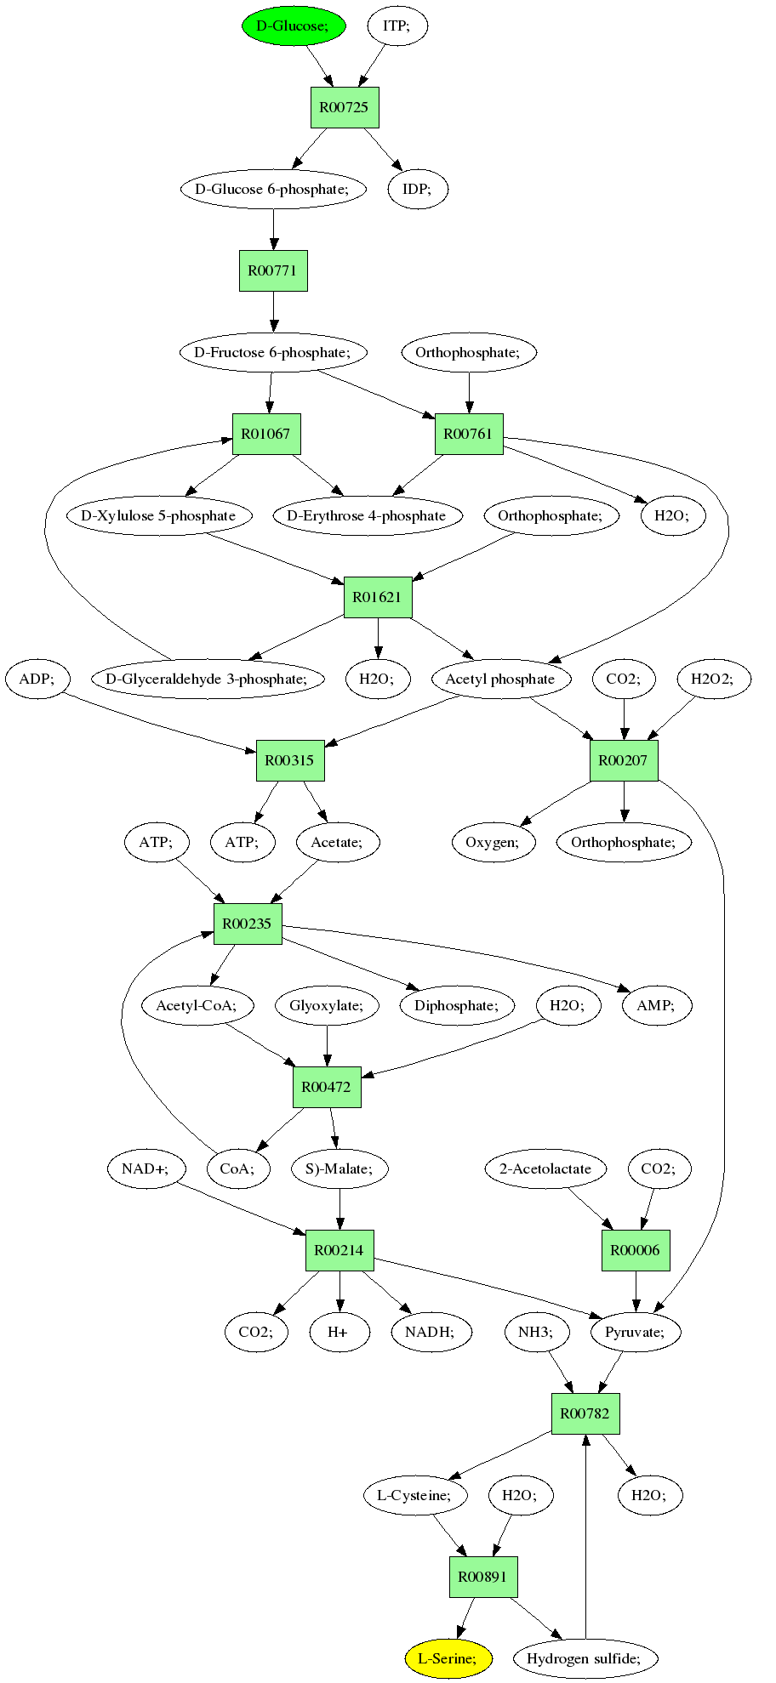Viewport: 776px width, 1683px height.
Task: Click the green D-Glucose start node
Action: [294, 26]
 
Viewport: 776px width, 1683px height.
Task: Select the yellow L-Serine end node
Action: [448, 1657]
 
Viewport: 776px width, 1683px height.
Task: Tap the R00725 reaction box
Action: [344, 107]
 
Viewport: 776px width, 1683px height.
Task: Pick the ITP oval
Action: [397, 26]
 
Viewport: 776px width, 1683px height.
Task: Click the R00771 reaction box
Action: [273, 270]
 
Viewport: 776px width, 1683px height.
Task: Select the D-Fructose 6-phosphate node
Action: [273, 352]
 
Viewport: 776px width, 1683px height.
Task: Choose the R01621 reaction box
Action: [378, 597]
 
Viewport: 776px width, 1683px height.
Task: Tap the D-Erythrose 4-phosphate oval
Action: [368, 515]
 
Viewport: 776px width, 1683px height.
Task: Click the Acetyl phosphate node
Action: [500, 679]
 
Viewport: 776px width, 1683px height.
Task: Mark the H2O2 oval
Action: [715, 679]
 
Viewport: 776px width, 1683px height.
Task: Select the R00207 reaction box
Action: [624, 760]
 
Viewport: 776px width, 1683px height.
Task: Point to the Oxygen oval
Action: [494, 842]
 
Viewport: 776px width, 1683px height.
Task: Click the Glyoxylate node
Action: [327, 1005]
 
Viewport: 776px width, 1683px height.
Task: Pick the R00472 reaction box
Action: [327, 1087]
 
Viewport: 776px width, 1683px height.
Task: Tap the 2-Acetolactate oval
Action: [546, 1168]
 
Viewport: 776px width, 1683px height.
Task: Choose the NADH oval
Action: [431, 1331]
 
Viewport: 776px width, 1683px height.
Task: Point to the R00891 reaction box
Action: [483, 1576]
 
